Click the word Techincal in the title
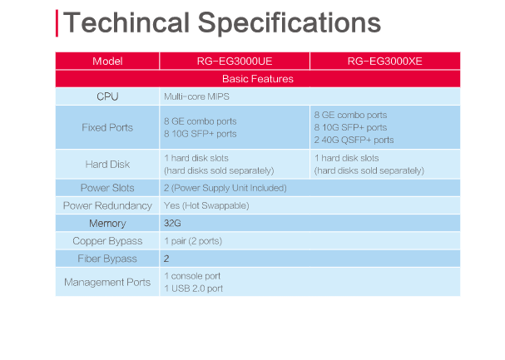click(126, 22)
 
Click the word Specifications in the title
click(290, 24)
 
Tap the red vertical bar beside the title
click(57, 23)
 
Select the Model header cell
click(107, 62)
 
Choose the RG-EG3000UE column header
click(235, 62)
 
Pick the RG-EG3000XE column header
click(384, 62)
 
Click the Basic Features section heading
click(258, 79)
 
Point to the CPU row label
click(107, 96)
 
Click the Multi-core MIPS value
click(196, 96)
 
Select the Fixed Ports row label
click(107, 127)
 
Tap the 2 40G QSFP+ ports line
click(354, 140)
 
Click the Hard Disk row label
click(107, 165)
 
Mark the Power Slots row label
click(107, 188)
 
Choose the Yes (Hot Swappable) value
click(206, 205)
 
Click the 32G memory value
click(172, 224)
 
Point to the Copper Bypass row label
click(107, 241)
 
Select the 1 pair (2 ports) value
click(193, 241)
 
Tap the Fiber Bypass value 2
click(166, 259)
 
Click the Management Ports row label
click(107, 282)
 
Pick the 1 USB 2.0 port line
click(193, 288)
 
